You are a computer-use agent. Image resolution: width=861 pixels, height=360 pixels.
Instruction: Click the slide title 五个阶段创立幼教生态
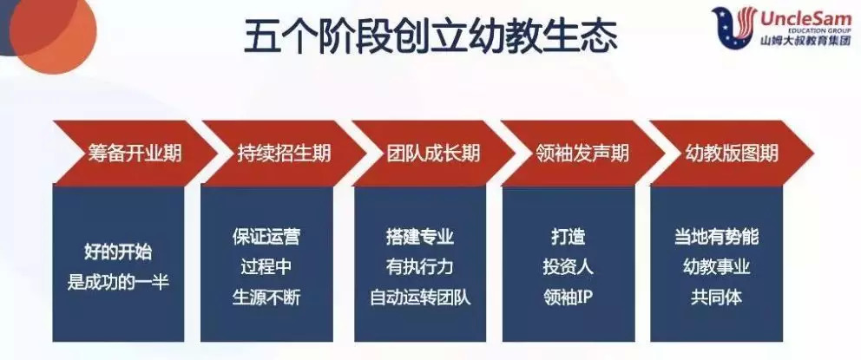[x=430, y=36]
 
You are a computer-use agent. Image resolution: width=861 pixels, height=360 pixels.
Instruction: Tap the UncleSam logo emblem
[x=734, y=28]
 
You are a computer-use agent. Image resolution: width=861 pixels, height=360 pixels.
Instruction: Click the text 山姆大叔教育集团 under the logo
[x=805, y=42]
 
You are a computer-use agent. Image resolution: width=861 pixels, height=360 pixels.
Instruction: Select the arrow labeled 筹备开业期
[x=135, y=154]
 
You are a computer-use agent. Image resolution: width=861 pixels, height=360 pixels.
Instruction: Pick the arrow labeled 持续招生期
[x=284, y=154]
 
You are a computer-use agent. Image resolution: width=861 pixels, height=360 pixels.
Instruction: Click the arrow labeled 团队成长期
[x=434, y=154]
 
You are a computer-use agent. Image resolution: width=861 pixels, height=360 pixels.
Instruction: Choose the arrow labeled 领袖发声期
[x=583, y=154]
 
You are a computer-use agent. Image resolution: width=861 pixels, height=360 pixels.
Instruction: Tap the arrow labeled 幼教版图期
[x=732, y=154]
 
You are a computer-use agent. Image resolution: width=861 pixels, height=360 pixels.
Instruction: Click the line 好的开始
[x=118, y=253]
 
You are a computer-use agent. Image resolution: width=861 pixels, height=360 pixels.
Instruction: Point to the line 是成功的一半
[x=118, y=282]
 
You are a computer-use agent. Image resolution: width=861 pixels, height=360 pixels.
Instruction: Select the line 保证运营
[x=266, y=237]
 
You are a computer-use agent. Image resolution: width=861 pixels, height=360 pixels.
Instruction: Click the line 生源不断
[x=266, y=298]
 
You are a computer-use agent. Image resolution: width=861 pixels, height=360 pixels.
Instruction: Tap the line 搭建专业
[x=420, y=237]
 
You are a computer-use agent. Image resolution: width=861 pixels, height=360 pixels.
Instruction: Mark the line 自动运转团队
[x=420, y=298]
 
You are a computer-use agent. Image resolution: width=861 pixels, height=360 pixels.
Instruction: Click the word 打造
[x=569, y=237]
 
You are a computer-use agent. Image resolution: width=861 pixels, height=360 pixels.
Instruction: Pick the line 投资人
[x=569, y=267]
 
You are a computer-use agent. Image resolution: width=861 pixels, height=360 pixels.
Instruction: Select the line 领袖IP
[x=569, y=298]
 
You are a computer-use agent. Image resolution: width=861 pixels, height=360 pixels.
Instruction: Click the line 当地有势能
[x=717, y=237]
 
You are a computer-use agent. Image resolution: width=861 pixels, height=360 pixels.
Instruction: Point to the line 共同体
[x=717, y=298]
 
